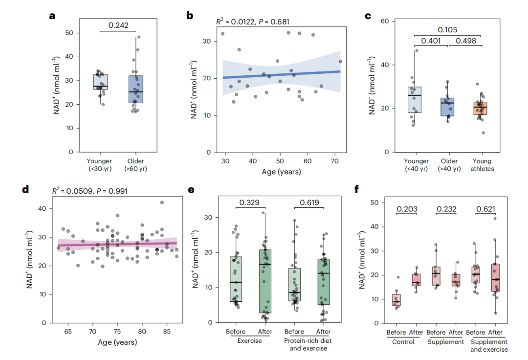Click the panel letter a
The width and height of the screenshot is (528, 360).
(52, 16)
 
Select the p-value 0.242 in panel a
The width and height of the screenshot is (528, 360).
(118, 25)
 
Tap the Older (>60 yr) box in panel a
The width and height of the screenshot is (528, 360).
(136, 89)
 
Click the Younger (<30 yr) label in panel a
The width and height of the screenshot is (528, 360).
(99, 165)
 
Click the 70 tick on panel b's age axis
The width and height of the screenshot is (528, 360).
(335, 161)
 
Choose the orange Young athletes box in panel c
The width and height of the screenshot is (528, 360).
(480, 109)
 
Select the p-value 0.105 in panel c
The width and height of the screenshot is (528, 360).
(447, 30)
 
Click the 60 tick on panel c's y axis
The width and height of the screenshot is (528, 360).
(385, 21)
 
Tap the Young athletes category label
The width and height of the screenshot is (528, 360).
(482, 165)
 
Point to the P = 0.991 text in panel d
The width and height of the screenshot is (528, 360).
(112, 191)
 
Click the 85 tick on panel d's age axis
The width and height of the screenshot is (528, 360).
(167, 331)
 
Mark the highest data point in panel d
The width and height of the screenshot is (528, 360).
(162, 202)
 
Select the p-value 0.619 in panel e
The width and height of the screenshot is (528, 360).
(309, 202)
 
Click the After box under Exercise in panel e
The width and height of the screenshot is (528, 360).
(265, 281)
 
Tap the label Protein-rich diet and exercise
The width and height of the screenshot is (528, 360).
(308, 344)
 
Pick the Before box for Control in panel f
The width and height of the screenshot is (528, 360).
(396, 300)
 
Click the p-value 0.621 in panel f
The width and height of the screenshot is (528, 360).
(486, 209)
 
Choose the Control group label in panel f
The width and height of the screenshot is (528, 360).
(403, 342)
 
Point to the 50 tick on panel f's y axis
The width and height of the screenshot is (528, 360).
(374, 202)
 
